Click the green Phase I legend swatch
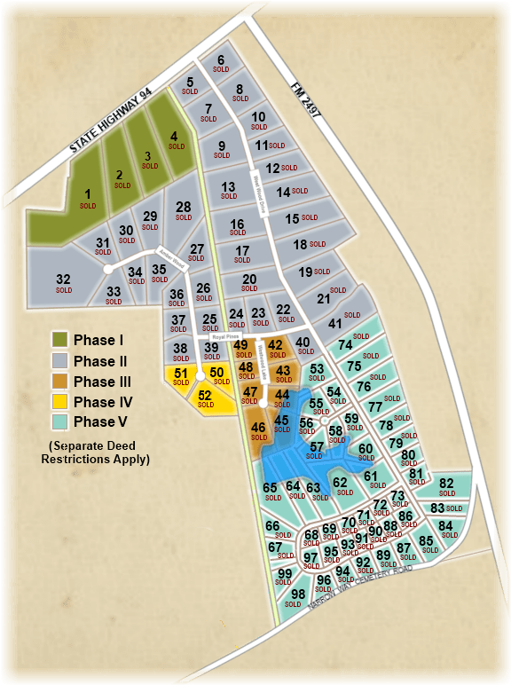click(60, 341)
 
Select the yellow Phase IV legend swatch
click(60, 402)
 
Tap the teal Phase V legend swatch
click(60, 422)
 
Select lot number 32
click(63, 280)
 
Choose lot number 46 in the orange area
click(258, 429)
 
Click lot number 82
click(446, 484)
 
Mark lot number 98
click(298, 594)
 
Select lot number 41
click(334, 324)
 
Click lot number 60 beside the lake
click(366, 449)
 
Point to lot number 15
click(293, 218)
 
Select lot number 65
click(271, 487)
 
